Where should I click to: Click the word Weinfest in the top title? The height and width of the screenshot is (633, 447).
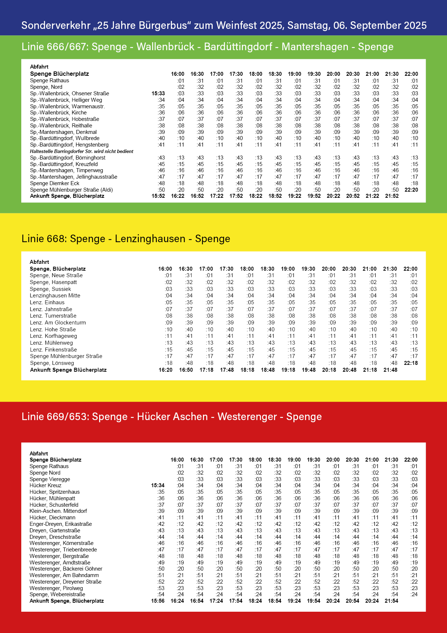click(x=237, y=25)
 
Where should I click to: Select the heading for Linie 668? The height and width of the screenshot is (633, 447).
click(x=126, y=239)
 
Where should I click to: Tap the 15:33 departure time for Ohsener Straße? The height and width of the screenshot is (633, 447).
click(x=158, y=93)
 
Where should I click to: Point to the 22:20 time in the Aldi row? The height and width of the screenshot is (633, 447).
click(x=411, y=190)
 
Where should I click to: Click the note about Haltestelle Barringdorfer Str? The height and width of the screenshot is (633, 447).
click(x=81, y=152)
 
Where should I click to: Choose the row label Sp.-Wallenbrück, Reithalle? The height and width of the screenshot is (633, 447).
click(x=61, y=126)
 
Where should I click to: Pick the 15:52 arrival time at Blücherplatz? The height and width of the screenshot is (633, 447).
click(x=158, y=196)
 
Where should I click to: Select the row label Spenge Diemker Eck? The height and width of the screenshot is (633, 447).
click(x=54, y=183)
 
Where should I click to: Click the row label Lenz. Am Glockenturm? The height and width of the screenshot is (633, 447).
click(x=58, y=323)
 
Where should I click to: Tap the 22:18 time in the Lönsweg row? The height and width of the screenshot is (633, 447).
click(x=411, y=363)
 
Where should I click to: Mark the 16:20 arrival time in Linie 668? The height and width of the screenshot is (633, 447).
click(x=165, y=370)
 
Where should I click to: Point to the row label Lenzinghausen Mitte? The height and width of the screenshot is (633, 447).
click(x=55, y=296)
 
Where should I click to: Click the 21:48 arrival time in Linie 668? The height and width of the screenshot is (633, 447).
click(x=390, y=370)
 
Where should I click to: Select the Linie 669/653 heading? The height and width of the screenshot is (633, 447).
click(x=172, y=416)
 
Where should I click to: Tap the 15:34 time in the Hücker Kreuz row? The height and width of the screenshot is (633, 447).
click(x=158, y=485)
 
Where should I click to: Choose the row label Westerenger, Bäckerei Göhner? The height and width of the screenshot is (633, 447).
click(x=66, y=569)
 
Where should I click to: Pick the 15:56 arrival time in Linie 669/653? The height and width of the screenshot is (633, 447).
click(x=158, y=601)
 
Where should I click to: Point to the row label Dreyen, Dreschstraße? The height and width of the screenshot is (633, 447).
click(x=55, y=537)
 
